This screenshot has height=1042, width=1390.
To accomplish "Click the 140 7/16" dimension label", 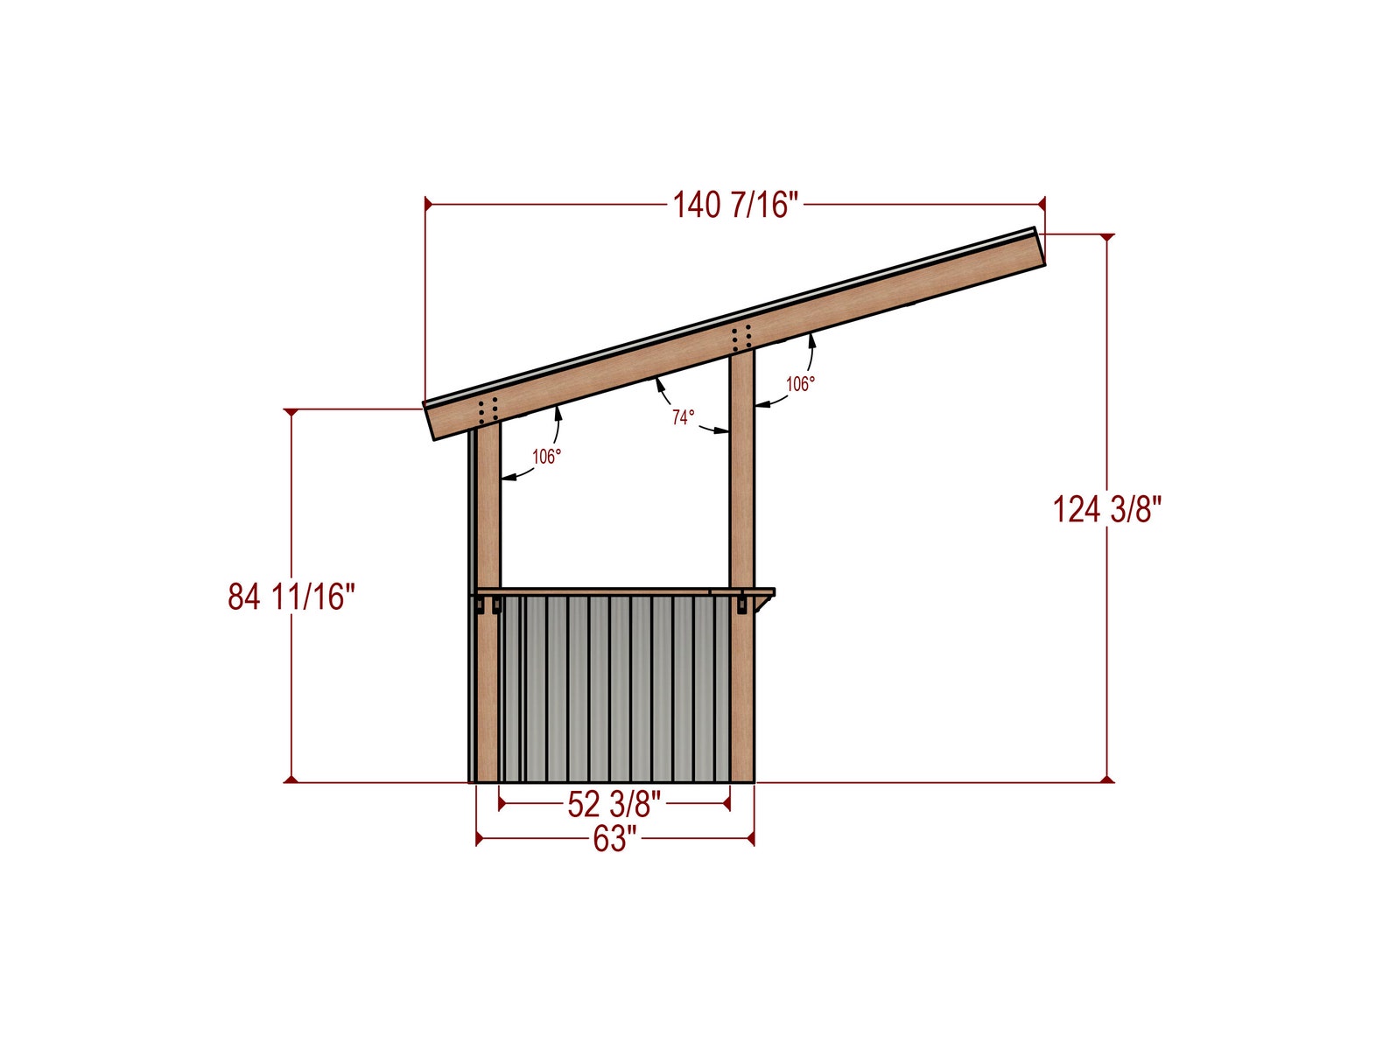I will [x=735, y=205].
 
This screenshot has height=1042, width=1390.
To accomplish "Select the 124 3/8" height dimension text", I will [x=1106, y=509].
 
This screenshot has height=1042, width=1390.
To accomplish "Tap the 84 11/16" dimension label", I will [x=291, y=597].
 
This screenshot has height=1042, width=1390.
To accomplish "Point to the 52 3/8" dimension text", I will [x=614, y=804].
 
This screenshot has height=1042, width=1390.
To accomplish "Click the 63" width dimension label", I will [x=614, y=839].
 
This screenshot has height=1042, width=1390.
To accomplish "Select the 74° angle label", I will [x=683, y=417].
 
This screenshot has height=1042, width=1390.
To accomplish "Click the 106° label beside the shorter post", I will [x=546, y=456].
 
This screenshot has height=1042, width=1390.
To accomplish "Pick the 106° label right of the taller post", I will [x=799, y=383].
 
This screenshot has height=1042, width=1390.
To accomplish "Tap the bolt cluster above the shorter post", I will [x=488, y=409].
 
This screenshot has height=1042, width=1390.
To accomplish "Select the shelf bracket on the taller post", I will [x=742, y=603].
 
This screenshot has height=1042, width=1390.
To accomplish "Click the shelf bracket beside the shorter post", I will [x=495, y=605].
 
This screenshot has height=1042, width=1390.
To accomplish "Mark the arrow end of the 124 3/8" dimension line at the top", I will [x=1107, y=237].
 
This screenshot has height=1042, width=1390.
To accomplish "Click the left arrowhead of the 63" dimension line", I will [x=480, y=839].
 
